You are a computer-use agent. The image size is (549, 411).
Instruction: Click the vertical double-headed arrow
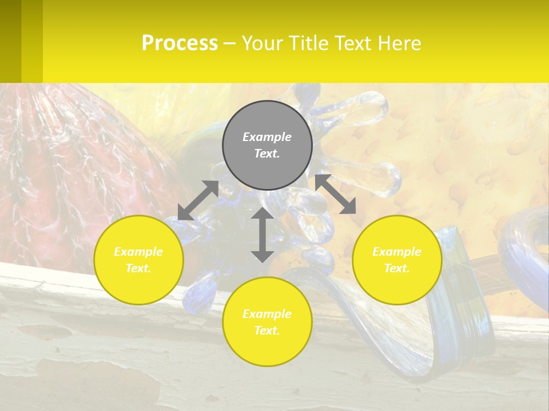pyautogui.click(x=262, y=235)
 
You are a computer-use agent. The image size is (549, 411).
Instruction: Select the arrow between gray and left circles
pyautogui.click(x=198, y=200)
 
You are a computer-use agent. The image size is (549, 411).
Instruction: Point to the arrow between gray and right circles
pyautogui.click(x=336, y=194)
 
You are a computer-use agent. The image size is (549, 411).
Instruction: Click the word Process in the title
pyautogui.click(x=180, y=43)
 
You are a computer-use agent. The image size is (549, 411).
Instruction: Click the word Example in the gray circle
pyautogui.click(x=267, y=137)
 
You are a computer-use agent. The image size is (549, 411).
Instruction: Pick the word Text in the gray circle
pyautogui.click(x=267, y=154)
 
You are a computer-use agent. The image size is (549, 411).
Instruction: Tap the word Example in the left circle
pyautogui.click(x=138, y=252)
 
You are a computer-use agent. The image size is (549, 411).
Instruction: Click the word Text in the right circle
pyautogui.click(x=397, y=268)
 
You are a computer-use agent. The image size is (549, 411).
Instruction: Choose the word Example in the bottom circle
pyautogui.click(x=267, y=314)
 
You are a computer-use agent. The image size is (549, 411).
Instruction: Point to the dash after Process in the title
pyautogui.click(x=229, y=43)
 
